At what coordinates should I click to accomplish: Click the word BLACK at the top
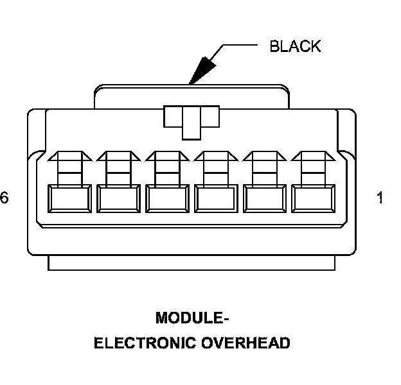[294, 46]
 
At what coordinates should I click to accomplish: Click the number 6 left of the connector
[4, 198]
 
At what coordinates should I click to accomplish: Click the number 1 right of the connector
[380, 198]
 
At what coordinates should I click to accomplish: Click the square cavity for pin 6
[69, 198]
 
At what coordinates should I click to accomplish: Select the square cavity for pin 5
[118, 198]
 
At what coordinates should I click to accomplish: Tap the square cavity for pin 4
[167, 198]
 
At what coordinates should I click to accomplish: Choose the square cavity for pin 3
[216, 198]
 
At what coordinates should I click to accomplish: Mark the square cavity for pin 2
[265, 198]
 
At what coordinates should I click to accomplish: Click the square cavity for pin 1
[314, 198]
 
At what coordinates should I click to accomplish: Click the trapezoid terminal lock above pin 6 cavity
[69, 156]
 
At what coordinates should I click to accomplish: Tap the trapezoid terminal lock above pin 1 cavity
[314, 156]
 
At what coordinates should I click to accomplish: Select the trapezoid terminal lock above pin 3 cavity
[216, 156]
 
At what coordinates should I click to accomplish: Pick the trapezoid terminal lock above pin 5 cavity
[118, 156]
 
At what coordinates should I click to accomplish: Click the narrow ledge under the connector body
[192, 262]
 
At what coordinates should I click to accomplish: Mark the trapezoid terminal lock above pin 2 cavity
[265, 156]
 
